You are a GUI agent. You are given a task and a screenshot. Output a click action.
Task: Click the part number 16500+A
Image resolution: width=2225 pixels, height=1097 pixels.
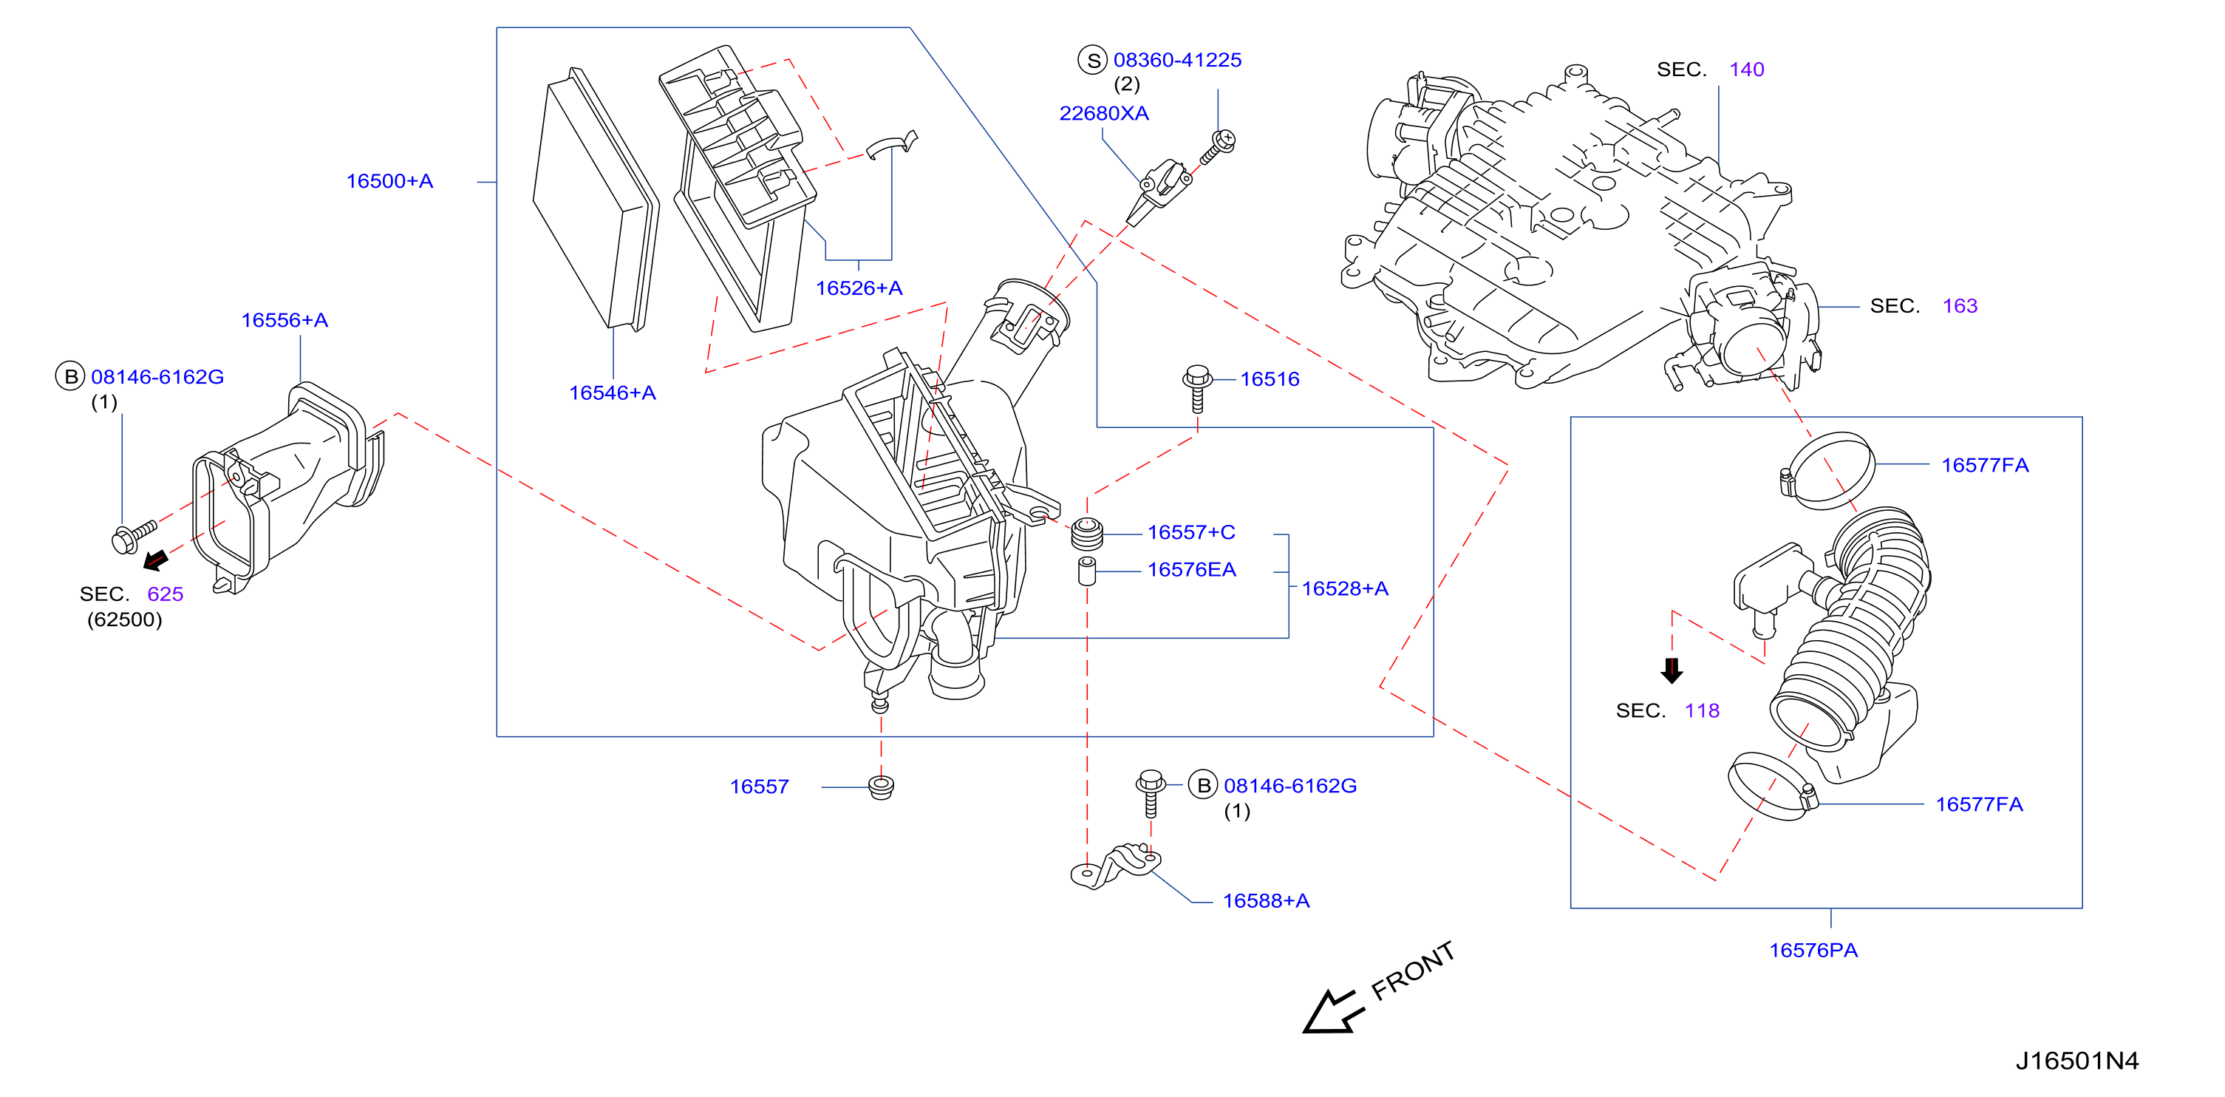click(x=389, y=181)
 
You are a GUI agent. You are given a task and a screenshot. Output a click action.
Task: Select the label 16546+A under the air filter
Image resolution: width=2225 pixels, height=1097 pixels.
click(x=613, y=393)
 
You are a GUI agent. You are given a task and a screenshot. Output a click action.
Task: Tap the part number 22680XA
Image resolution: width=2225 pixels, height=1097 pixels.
click(x=1104, y=113)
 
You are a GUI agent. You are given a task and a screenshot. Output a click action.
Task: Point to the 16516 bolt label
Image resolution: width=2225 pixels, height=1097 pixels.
click(x=1270, y=379)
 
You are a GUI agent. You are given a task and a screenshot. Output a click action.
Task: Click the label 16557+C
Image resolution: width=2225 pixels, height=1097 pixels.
click(x=1191, y=533)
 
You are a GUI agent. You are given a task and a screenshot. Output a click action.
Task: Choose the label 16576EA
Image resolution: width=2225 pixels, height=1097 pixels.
click(x=1191, y=570)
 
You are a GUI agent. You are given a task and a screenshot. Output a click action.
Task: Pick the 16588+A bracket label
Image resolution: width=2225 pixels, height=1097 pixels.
click(x=1267, y=901)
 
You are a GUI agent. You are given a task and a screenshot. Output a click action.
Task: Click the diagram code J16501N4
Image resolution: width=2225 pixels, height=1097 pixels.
click(x=2077, y=1061)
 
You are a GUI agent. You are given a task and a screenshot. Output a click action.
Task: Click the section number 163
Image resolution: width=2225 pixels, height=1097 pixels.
click(x=1960, y=306)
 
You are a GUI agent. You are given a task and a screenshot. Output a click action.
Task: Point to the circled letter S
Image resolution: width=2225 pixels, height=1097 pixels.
click(x=1093, y=61)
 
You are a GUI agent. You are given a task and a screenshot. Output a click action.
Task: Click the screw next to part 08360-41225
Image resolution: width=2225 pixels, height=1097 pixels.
click(x=1218, y=148)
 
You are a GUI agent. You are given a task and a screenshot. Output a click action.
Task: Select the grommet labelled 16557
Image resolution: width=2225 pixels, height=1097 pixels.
click(x=881, y=787)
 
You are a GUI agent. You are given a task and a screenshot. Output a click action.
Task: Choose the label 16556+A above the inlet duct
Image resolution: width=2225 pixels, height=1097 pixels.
click(x=284, y=321)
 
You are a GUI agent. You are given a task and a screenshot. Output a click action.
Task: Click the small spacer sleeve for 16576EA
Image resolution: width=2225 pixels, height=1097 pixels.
click(x=1088, y=571)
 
